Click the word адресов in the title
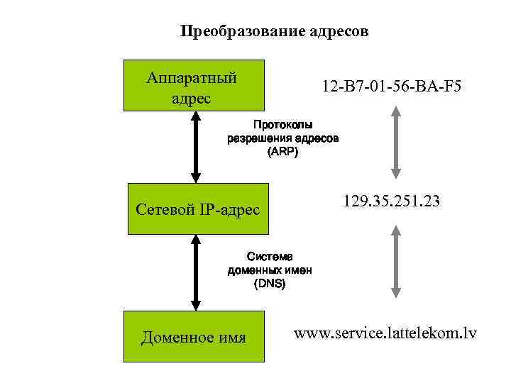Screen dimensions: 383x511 [x=339, y=32]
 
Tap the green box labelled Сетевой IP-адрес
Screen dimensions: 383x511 [x=198, y=209]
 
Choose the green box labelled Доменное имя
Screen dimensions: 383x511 [x=194, y=336]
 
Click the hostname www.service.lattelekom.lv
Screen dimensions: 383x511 [x=385, y=332]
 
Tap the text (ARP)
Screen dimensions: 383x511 [x=284, y=152]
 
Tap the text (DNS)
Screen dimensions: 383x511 [x=270, y=283]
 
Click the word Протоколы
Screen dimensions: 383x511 [x=284, y=125]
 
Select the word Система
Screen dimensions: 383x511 [x=270, y=256]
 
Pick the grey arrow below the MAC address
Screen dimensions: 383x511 [x=396, y=140]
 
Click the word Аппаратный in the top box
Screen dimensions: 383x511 [x=191, y=76]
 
